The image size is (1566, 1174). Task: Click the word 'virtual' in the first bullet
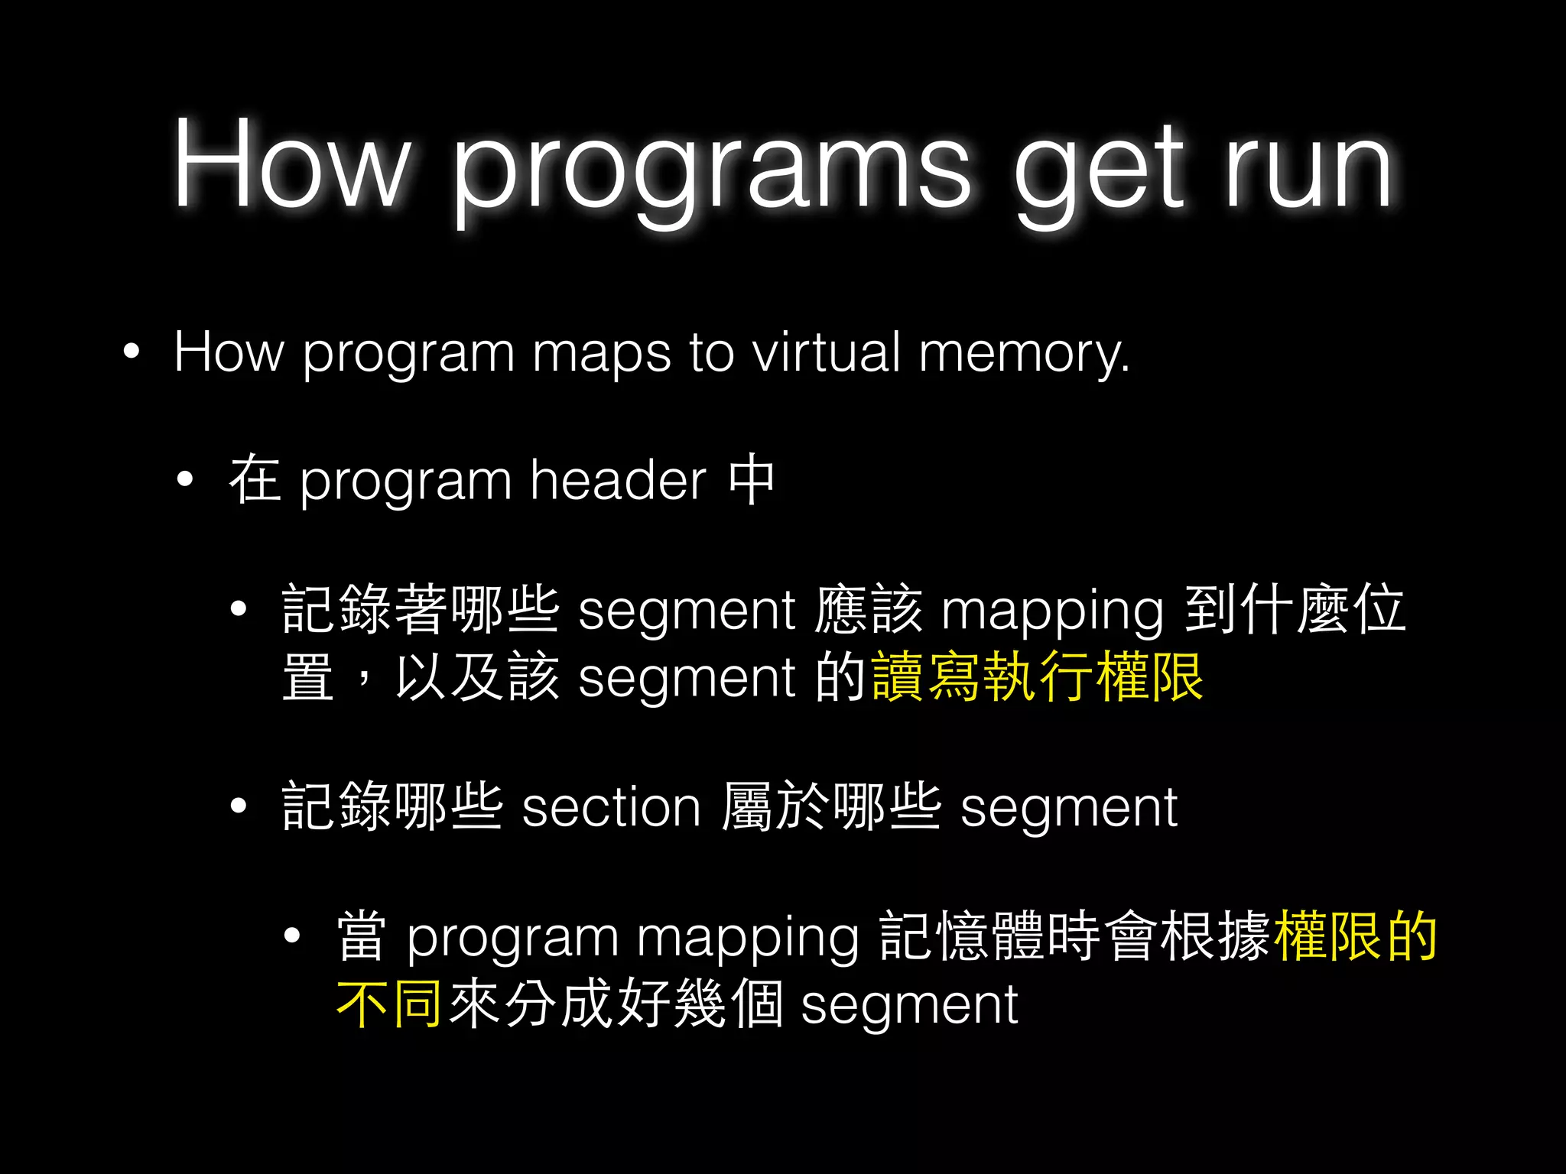click(x=826, y=352)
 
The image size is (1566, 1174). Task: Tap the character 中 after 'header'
click(x=752, y=479)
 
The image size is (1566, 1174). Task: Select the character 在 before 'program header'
click(x=255, y=479)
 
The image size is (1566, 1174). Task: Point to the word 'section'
click(x=611, y=807)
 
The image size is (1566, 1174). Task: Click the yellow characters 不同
click(x=389, y=1004)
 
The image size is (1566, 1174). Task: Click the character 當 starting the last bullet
click(x=362, y=936)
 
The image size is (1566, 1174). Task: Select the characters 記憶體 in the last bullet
click(x=961, y=936)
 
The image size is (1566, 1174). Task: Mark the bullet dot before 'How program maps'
click(x=132, y=352)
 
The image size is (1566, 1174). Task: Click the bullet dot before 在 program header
click(x=185, y=481)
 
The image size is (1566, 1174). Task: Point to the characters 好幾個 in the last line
click(x=700, y=1004)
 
